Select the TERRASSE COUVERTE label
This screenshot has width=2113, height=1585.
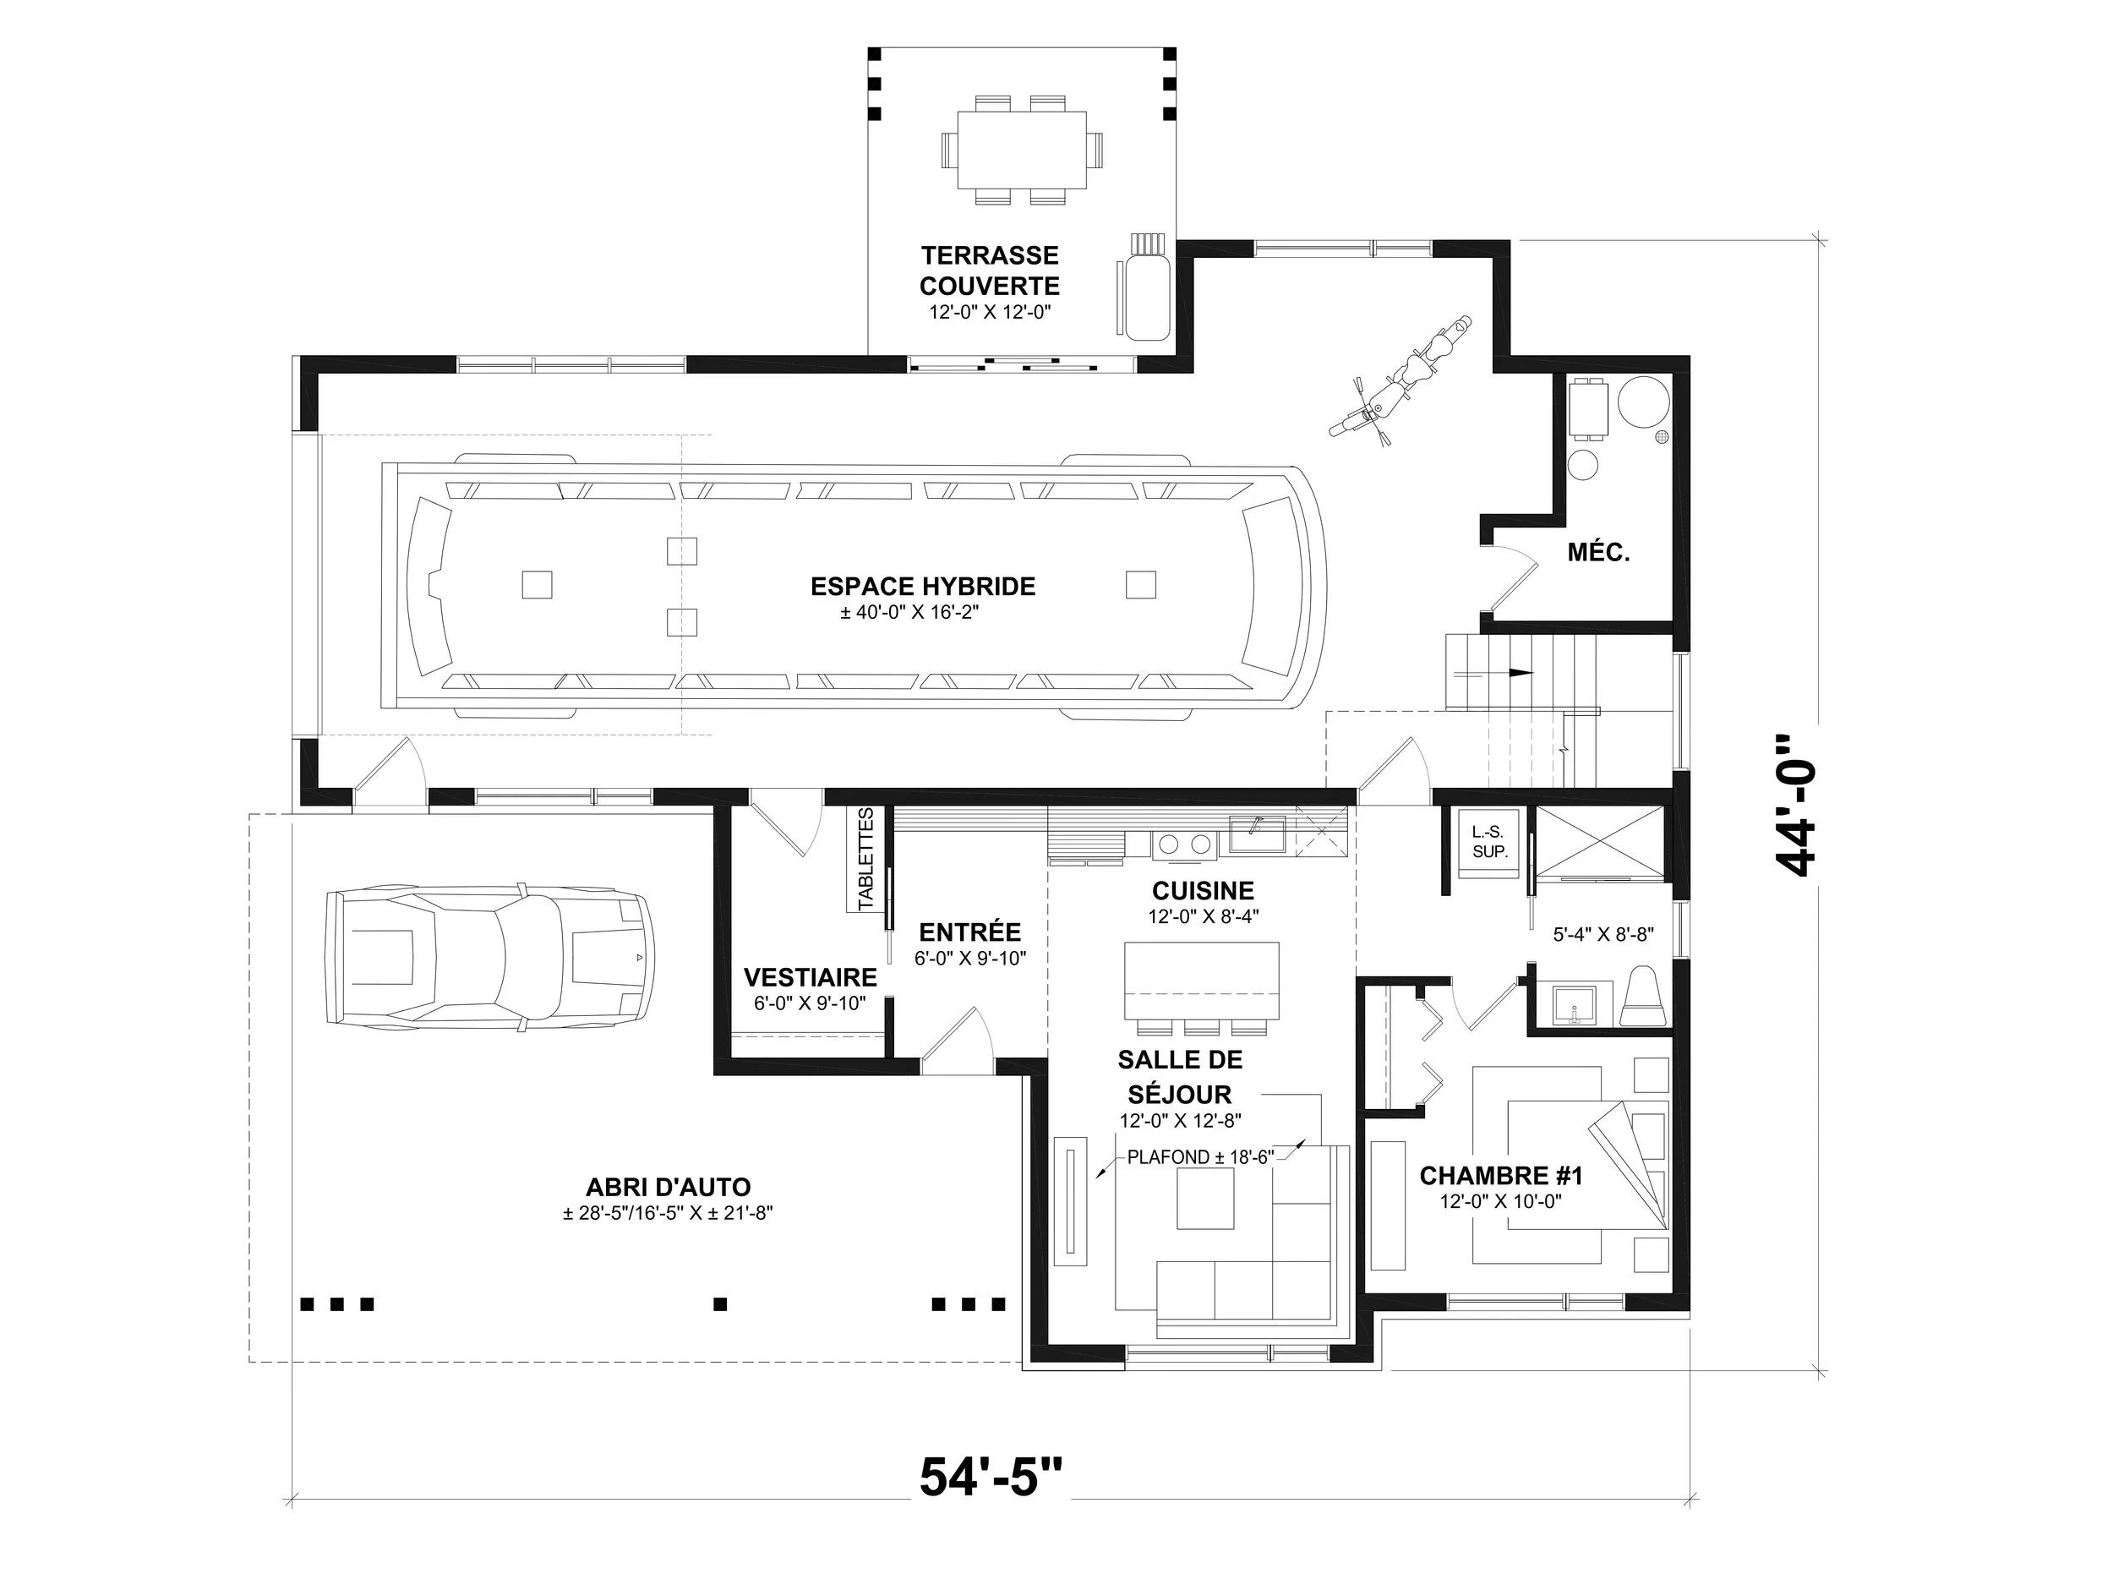pos(990,271)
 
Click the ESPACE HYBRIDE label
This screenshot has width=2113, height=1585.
pos(923,586)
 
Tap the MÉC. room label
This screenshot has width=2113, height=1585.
pos(1598,552)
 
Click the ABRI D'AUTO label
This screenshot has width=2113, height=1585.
pos(668,1187)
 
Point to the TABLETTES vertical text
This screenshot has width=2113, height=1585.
pos(865,859)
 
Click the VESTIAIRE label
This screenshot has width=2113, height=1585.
pos(810,976)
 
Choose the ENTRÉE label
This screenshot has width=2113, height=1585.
pos(969,932)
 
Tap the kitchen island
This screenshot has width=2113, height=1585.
pos(1202,981)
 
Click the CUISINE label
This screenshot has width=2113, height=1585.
pos(1203,890)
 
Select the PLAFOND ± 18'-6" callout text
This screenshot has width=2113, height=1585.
pos(1201,1157)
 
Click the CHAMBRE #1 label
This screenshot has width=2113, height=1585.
pos(1501,1175)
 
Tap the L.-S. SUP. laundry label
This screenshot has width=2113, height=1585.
pos(1489,842)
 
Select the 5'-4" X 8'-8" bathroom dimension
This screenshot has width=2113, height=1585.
pos(1602,934)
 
